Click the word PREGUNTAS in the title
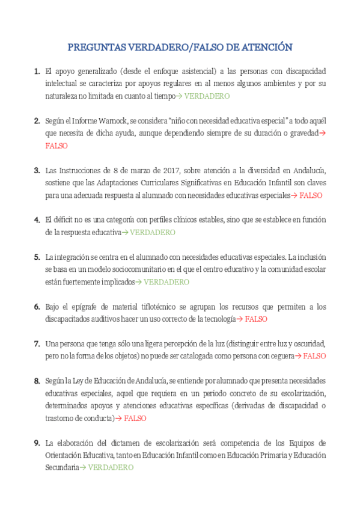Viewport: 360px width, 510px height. (x=96, y=48)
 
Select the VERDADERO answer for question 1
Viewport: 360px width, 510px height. (x=207, y=96)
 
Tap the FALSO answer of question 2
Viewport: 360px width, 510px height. (x=56, y=146)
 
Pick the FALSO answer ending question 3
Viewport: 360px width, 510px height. (x=311, y=195)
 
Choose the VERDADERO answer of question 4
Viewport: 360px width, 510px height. (x=153, y=232)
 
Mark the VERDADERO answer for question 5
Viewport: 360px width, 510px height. (x=166, y=281)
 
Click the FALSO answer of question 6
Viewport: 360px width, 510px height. (x=256, y=319)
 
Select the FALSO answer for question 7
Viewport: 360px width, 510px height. (x=314, y=356)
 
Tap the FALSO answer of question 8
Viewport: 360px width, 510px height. (x=135, y=418)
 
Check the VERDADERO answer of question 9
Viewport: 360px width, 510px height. (x=111, y=467)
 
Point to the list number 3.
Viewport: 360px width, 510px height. (x=37, y=170)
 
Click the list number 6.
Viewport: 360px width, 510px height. (x=37, y=307)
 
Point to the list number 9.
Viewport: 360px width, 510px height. (x=37, y=443)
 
